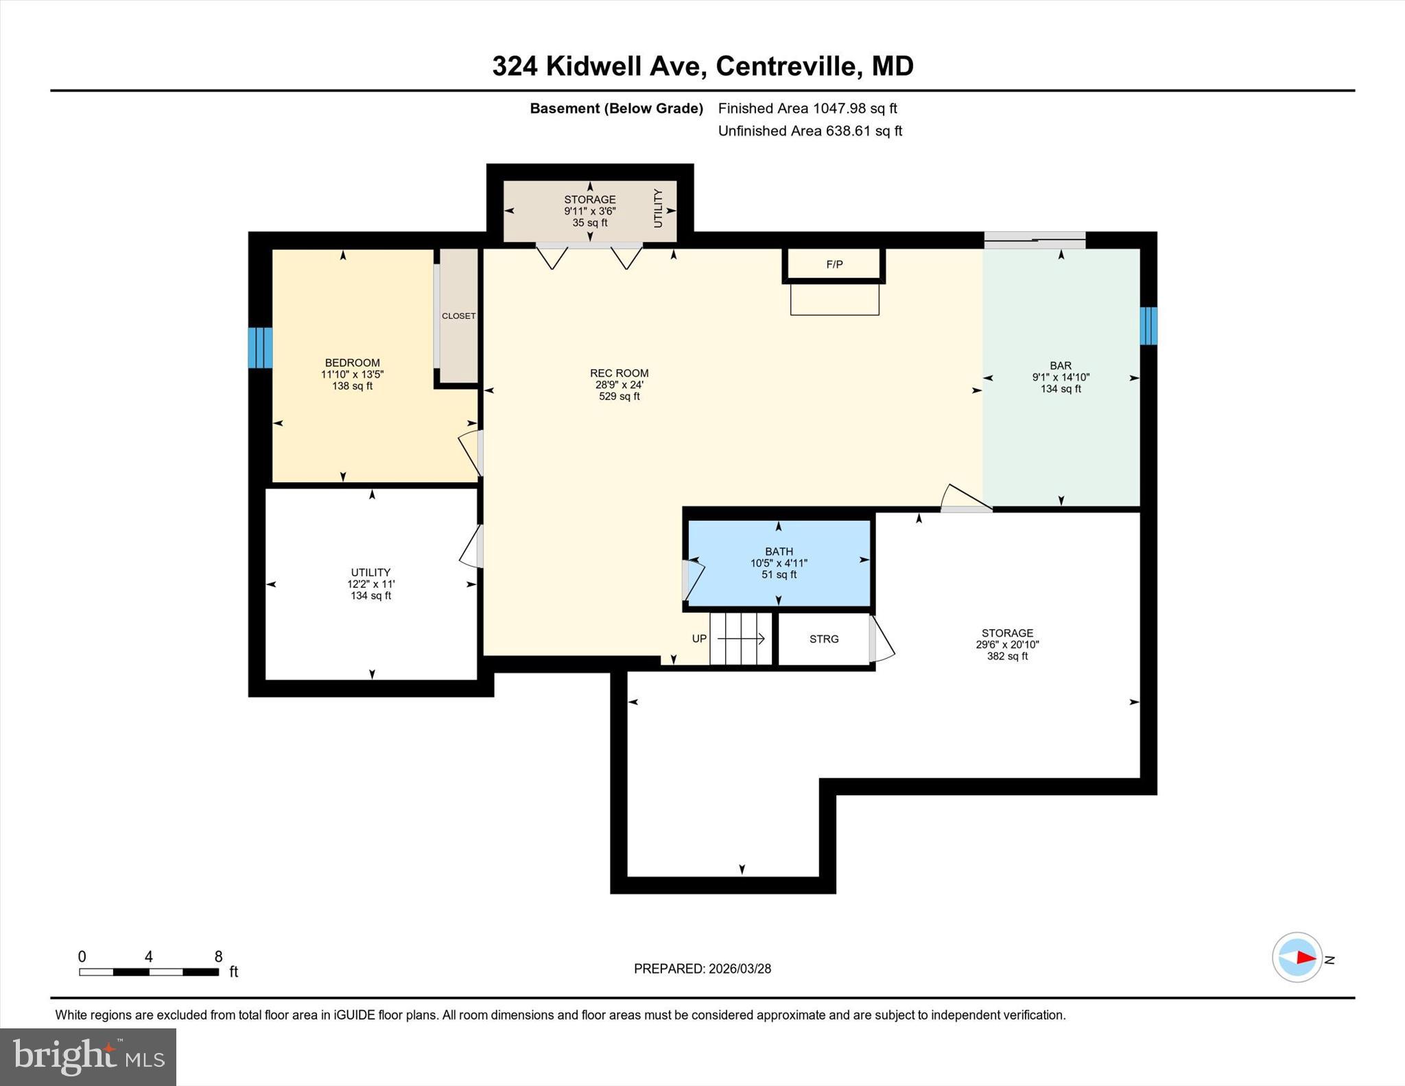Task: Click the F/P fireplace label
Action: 834,264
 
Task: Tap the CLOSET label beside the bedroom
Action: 458,316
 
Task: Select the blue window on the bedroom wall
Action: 260,348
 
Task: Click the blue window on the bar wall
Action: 1148,326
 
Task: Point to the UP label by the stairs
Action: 699,639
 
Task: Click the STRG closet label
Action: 823,639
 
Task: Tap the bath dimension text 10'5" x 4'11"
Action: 779,563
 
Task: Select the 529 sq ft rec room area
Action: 619,397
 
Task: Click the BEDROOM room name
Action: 352,363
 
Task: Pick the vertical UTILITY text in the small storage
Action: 658,209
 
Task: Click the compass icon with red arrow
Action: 1297,957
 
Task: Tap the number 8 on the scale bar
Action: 218,956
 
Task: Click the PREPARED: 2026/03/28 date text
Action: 702,969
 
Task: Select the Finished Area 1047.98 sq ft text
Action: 807,108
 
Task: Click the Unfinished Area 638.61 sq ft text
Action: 810,131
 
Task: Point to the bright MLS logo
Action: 88,1057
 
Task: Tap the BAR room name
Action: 1060,366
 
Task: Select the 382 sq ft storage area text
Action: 1006,656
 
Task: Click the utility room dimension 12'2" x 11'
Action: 370,584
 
